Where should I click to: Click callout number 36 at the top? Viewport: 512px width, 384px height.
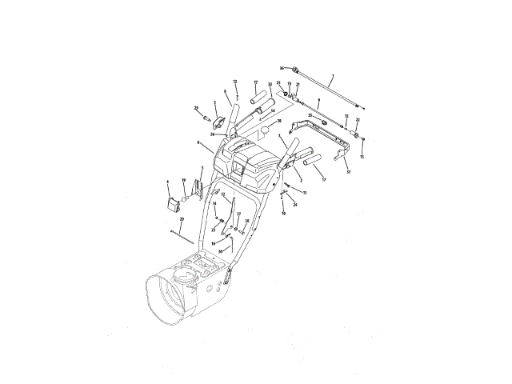[282, 68]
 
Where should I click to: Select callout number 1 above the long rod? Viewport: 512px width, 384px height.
[332, 75]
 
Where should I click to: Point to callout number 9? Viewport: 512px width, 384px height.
[318, 100]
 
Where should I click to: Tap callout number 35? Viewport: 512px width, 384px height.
[310, 116]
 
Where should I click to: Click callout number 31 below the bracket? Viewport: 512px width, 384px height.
[348, 172]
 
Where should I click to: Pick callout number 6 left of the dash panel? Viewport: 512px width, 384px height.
[197, 142]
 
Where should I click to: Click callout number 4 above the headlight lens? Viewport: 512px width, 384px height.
[168, 182]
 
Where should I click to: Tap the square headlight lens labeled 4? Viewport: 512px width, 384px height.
[172, 202]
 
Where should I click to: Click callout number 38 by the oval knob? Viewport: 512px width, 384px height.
[279, 122]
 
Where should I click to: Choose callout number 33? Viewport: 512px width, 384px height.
[270, 85]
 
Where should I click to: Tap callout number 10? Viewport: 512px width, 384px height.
[282, 214]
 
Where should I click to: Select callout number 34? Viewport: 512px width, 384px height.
[273, 111]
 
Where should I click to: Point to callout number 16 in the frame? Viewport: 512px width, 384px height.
[213, 242]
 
